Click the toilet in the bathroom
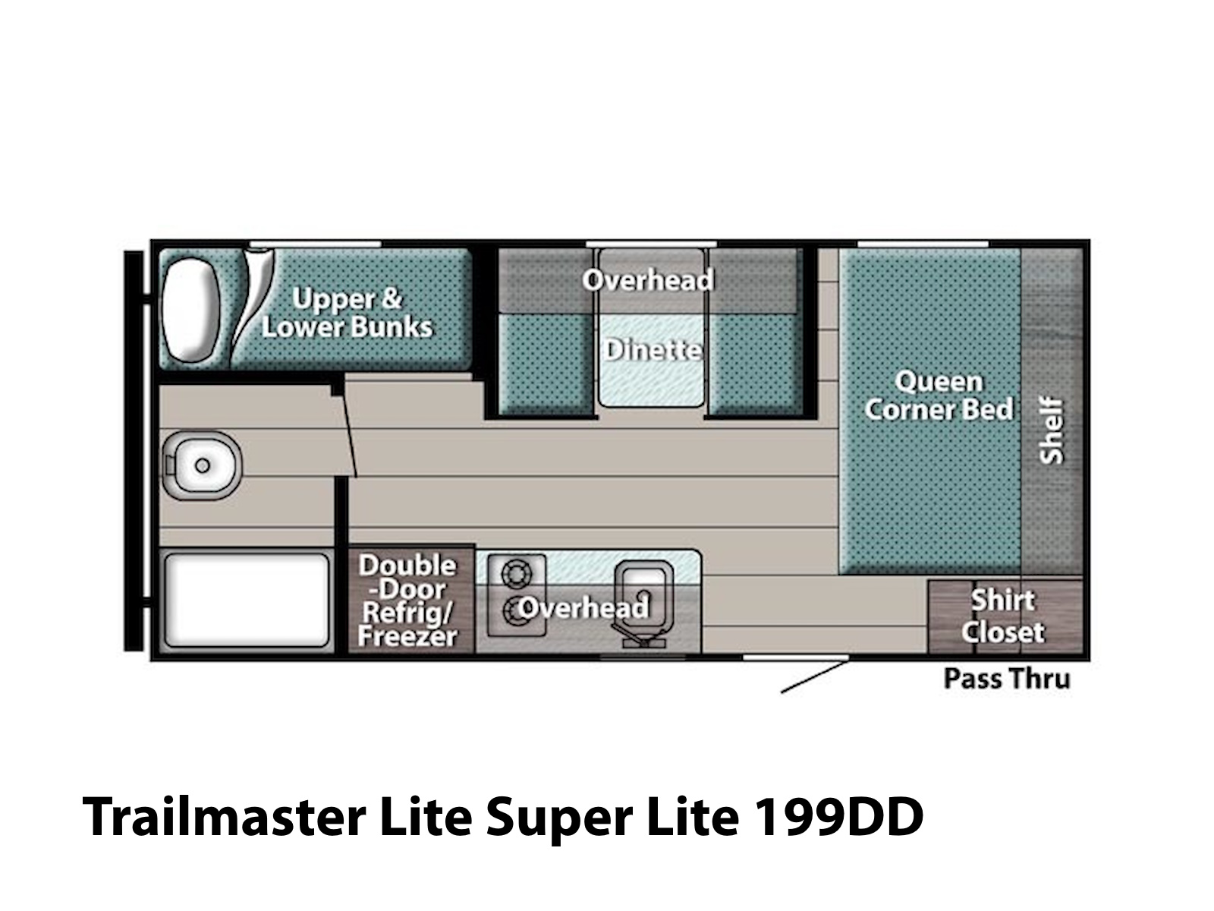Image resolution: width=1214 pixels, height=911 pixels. point(201,465)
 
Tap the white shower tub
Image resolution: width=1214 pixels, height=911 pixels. point(247,600)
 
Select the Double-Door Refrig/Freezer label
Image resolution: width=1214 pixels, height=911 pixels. point(407,600)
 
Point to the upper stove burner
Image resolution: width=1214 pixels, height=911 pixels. point(516,573)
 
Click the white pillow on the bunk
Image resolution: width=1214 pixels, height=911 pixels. point(190,310)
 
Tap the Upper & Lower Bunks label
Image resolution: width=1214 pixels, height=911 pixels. point(347,313)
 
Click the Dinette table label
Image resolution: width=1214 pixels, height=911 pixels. point(652,350)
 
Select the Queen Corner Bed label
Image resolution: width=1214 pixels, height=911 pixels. point(939,396)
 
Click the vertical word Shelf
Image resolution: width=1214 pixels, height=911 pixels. point(1051,430)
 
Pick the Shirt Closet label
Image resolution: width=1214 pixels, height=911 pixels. point(1003,616)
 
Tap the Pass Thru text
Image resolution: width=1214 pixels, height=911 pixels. point(1007,679)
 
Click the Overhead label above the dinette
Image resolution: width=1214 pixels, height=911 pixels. point(648,279)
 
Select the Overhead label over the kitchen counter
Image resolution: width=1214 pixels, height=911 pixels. point(583,607)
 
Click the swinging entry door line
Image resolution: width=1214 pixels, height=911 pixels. point(813,676)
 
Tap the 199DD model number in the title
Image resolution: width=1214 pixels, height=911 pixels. point(838,817)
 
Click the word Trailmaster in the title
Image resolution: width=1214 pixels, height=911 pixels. point(223,817)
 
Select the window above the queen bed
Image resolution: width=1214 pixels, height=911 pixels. point(923,244)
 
